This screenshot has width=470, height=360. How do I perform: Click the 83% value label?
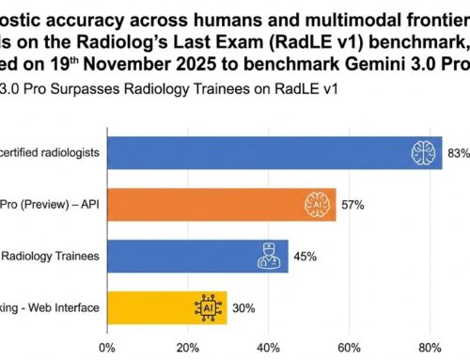pos(459,152)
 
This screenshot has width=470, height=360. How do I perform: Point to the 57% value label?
pos(353,204)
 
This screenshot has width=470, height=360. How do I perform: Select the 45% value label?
pos(305,255)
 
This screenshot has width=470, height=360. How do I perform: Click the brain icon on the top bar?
pos(425,151)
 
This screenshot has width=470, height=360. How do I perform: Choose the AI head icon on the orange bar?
pos(319,203)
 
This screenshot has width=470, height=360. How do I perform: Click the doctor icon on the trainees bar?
pos(270,255)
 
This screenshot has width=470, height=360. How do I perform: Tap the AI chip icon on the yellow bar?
pos(208,306)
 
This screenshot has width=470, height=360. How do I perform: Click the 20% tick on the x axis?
pos(187,348)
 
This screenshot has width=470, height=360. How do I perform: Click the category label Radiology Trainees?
pos(55,255)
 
